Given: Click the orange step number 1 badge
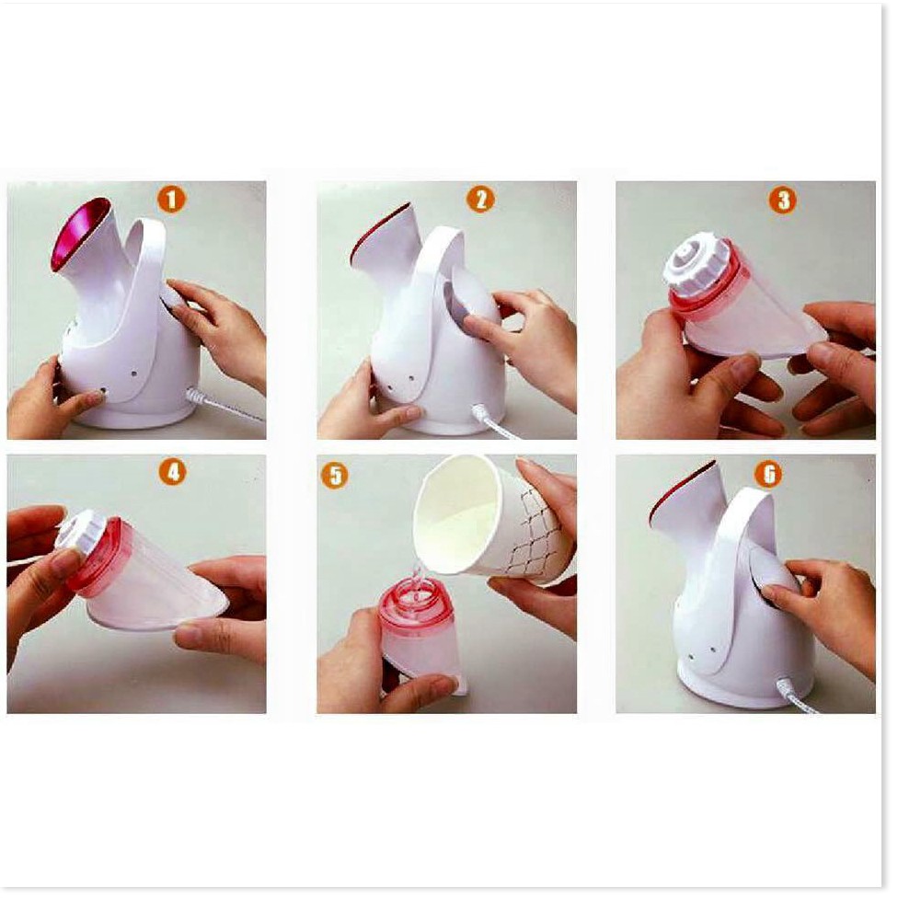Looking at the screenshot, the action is point(172,200).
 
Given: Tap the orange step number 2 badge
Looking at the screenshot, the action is point(480,200).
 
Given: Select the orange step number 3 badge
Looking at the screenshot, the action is point(783,201).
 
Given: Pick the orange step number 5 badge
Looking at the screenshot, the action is point(335,475).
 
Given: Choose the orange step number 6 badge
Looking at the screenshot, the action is point(768,474).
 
